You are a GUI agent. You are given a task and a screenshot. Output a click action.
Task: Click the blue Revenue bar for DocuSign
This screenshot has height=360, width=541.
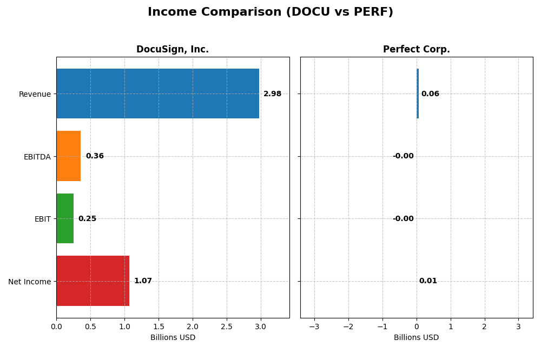[x=157, y=94]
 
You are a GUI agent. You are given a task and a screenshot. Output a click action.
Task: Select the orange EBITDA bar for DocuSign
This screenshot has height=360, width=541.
[x=69, y=156]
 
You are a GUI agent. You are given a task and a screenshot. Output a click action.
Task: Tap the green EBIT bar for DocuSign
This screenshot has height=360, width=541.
[x=65, y=218]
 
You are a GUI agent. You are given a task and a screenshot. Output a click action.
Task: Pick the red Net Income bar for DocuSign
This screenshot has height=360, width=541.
[x=93, y=281]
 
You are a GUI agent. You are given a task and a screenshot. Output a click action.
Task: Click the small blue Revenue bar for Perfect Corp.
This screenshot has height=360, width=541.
[x=418, y=94]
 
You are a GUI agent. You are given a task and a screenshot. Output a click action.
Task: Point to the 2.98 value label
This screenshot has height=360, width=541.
[x=272, y=94]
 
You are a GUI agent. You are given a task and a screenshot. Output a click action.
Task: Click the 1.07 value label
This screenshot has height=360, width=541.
[x=143, y=281]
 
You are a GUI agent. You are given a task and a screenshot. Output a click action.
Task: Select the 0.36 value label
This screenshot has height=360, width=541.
[x=95, y=156]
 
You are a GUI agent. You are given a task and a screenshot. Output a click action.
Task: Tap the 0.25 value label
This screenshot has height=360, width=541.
[x=87, y=218]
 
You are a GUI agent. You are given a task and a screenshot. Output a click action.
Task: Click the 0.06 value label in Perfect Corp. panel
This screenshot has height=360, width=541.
[x=430, y=94]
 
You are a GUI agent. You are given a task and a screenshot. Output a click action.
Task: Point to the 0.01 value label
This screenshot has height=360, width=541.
[x=428, y=281]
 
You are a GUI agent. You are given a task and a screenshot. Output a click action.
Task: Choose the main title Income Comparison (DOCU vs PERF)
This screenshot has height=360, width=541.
[x=270, y=12]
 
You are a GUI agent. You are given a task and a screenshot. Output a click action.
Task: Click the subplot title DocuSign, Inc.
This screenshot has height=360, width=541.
[x=173, y=49]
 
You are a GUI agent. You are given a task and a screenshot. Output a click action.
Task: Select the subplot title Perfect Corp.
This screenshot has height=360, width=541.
[x=416, y=49]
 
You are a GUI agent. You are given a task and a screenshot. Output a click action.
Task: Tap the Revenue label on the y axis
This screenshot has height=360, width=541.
[x=35, y=94]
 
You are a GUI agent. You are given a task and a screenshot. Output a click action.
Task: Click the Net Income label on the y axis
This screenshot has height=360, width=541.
[x=29, y=281]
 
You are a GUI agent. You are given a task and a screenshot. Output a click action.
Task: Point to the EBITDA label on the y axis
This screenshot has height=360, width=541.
[x=37, y=156]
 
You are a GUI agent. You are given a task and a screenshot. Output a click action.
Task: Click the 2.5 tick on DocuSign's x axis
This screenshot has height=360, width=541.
[x=227, y=326]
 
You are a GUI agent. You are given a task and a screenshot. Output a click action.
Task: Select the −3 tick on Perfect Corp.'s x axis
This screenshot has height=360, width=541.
[x=314, y=326]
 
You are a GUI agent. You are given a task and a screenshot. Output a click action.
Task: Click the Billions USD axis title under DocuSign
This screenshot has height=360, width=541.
[x=173, y=337]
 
